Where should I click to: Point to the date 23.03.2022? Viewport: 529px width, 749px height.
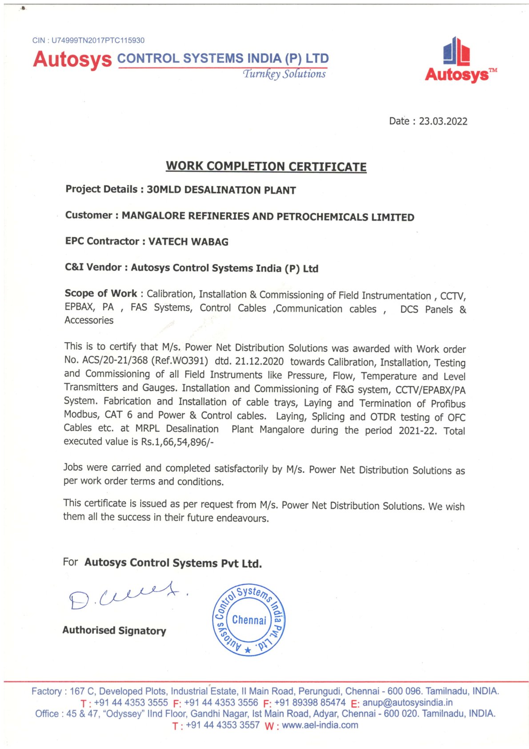pyautogui.click(x=443, y=121)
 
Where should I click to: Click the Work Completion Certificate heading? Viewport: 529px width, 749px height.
pyautogui.click(x=266, y=166)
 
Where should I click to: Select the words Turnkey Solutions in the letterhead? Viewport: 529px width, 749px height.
pyautogui.click(x=284, y=74)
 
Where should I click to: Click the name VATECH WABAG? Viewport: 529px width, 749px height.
pyautogui.click(x=188, y=242)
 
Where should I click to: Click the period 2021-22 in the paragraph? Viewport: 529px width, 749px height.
pyautogui.click(x=417, y=430)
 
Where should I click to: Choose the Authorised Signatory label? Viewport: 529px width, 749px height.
pyautogui.click(x=114, y=630)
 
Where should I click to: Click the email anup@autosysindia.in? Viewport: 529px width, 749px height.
pyautogui.click(x=407, y=703)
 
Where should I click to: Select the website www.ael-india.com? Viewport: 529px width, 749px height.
pyautogui.click(x=320, y=725)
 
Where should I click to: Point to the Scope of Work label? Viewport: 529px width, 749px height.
pyautogui.click(x=101, y=293)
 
